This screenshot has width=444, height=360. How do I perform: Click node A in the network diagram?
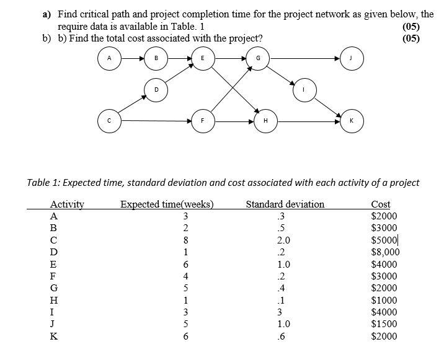tap(109, 59)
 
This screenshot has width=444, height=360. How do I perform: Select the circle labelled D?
tap(156, 89)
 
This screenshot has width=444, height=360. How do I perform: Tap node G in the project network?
tap(257, 59)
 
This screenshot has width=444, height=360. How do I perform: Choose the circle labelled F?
tap(203, 120)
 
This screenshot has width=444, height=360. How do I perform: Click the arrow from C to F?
tap(155, 120)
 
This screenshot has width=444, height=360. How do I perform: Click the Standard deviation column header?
tap(285, 204)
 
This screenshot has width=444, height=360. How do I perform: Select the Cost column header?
tap(380, 204)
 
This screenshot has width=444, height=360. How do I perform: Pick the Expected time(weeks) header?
tap(167, 204)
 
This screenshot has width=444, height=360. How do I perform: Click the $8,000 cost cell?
tap(385, 252)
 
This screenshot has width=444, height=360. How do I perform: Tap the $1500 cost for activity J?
tap(383, 323)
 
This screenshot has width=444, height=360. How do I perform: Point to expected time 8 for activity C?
tap(185, 240)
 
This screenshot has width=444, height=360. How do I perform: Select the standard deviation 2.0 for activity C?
tap(284, 240)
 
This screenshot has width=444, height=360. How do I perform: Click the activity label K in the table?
tap(54, 336)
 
